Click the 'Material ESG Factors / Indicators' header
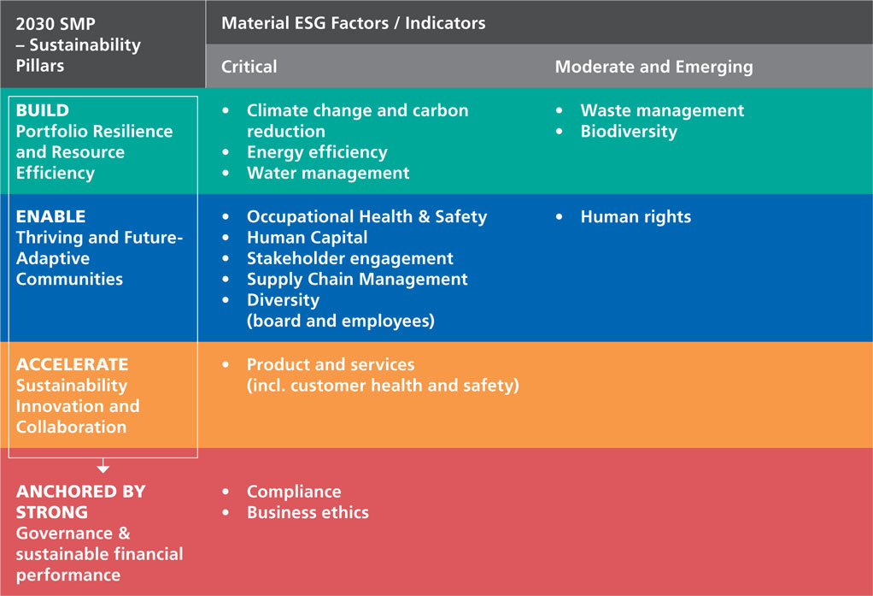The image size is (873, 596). click(x=353, y=23)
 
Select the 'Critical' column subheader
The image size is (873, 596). click(x=249, y=67)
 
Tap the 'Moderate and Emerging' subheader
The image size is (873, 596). click(x=653, y=67)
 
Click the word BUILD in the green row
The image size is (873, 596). click(x=43, y=110)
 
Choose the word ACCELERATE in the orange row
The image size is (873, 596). click(x=72, y=364)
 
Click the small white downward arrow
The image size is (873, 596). click(x=103, y=467)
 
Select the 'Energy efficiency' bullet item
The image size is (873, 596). click(x=316, y=152)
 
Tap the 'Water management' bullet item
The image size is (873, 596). click(x=327, y=173)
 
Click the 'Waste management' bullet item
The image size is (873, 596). click(x=661, y=110)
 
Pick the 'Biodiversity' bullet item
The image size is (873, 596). click(x=628, y=132)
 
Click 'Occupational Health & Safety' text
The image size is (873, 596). click(x=366, y=216)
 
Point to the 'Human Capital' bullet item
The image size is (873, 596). click(x=307, y=238)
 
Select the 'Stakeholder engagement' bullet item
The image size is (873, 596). click(x=349, y=258)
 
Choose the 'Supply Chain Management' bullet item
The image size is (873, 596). click(x=357, y=279)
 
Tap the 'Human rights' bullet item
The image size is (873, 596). click(x=635, y=217)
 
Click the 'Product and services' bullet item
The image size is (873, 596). click(x=330, y=364)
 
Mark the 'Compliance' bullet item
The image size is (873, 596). click(x=293, y=492)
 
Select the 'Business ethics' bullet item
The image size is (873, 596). click(x=308, y=512)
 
